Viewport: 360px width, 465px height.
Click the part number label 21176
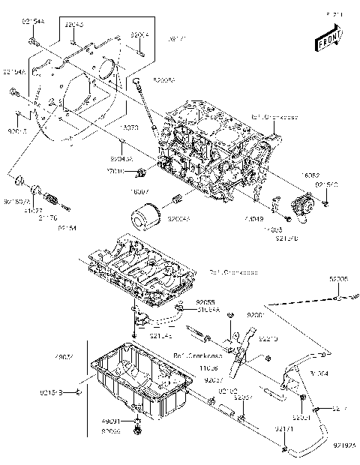[x=47, y=218]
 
